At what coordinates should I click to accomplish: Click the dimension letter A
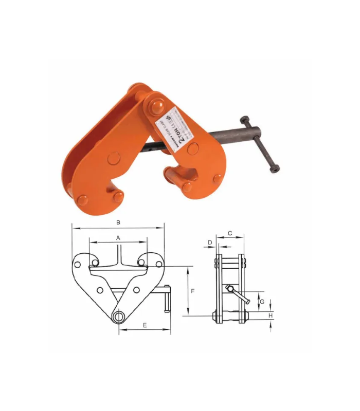pos(118,238)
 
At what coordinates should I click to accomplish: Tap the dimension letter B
pos(118,222)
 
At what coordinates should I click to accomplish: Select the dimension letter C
pos(229,233)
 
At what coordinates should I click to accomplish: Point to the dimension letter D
pos(210,241)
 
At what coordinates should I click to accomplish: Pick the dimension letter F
pos(192,291)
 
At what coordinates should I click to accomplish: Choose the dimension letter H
pos(271,315)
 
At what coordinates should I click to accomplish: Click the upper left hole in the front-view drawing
pos(77,265)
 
